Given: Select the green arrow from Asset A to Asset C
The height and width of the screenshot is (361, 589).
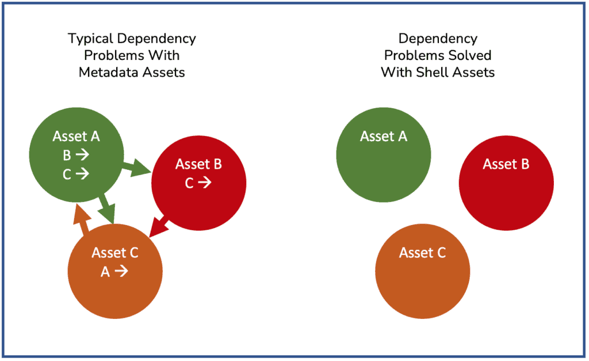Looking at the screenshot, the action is (x=106, y=208).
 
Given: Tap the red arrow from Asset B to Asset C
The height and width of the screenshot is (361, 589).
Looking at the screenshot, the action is (x=159, y=226).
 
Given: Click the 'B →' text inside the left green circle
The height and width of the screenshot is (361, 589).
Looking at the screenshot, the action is (x=76, y=154).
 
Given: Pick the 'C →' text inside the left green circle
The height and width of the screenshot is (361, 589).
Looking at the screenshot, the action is (x=76, y=174).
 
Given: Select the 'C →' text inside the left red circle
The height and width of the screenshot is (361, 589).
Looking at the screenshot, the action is (x=198, y=183).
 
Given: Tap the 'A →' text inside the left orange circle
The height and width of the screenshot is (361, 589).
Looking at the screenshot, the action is (x=114, y=271).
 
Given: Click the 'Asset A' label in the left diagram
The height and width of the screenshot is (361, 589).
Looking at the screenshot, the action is (x=77, y=136).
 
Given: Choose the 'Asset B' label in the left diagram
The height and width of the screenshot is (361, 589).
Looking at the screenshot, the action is (x=198, y=164).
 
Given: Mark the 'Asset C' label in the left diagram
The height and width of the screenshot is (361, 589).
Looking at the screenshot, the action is (x=115, y=253).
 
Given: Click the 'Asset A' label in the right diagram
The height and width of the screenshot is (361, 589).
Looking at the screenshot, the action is (x=384, y=136).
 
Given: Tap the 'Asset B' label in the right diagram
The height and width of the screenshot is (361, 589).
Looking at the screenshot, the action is (x=506, y=164).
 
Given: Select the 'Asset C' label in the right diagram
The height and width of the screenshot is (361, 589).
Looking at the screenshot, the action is (x=422, y=253).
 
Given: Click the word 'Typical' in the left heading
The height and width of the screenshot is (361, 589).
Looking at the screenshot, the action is (x=90, y=39).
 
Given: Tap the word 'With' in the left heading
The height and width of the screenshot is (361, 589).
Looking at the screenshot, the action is (x=164, y=55).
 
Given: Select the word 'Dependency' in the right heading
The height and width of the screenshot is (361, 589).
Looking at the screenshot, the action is (x=438, y=39).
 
